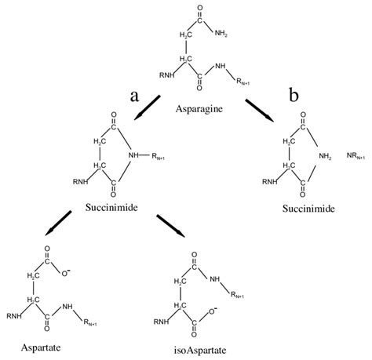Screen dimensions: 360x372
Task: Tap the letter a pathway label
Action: click(x=135, y=96)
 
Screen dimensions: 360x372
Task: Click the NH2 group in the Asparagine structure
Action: click(x=226, y=33)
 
